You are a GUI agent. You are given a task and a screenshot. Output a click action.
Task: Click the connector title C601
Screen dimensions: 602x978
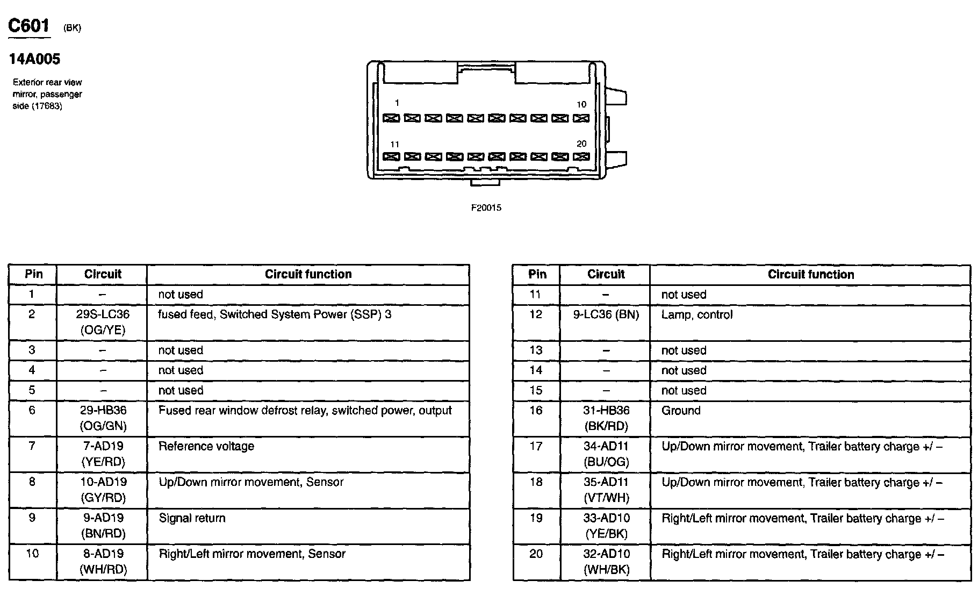tap(29, 26)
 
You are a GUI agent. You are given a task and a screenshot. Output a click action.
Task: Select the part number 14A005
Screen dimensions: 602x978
tap(34, 59)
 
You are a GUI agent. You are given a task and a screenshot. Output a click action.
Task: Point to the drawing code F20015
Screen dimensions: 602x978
tap(486, 208)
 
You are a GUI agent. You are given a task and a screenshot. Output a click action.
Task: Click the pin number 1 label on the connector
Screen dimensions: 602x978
tap(397, 103)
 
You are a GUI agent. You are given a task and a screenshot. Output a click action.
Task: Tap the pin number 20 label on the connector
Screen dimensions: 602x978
tap(581, 144)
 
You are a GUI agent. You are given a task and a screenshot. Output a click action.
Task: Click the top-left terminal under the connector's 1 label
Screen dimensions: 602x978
tap(391, 118)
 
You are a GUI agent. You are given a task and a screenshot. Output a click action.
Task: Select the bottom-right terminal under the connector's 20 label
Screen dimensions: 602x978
tap(581, 157)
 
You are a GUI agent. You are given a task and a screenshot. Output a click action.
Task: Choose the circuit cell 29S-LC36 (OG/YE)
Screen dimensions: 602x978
tap(102, 322)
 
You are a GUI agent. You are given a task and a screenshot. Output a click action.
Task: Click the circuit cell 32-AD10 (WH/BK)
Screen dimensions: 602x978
tap(606, 562)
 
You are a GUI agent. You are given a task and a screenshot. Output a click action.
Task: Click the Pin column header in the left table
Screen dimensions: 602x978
tap(33, 274)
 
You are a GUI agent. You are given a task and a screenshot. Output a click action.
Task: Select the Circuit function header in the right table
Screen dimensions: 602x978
tap(810, 274)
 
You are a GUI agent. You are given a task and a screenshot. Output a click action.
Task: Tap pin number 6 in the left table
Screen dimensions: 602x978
tap(32, 411)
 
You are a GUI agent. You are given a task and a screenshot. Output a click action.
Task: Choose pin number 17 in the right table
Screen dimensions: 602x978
tap(536, 447)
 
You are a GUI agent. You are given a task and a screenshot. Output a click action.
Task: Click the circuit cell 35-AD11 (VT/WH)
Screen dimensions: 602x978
tap(606, 490)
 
